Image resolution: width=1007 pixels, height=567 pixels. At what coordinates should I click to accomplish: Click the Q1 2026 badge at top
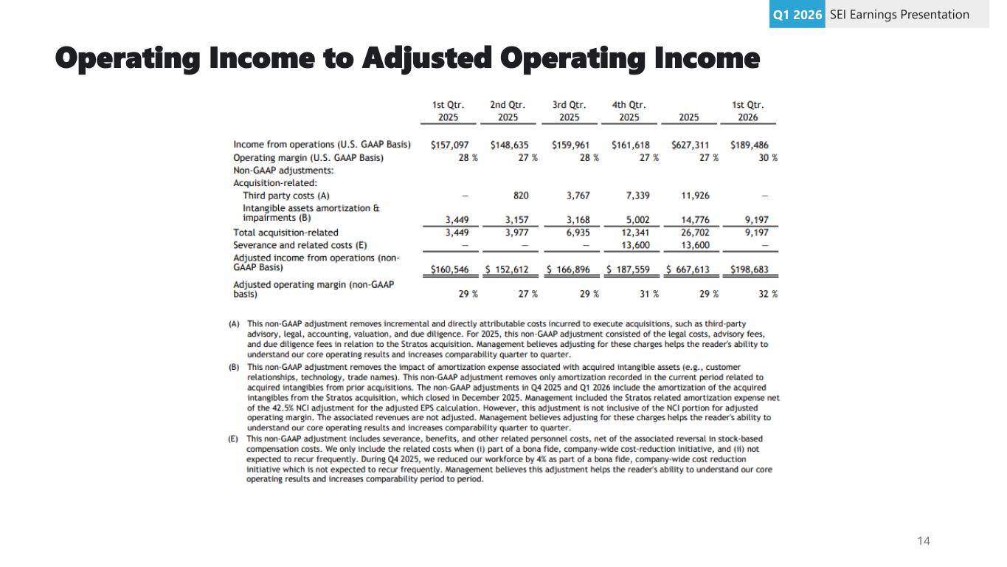(797, 15)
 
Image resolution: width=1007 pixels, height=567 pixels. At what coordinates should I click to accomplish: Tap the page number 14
(924, 541)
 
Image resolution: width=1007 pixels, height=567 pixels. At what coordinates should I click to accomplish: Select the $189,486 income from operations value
(749, 145)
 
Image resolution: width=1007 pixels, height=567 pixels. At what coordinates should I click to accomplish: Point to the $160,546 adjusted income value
(450, 270)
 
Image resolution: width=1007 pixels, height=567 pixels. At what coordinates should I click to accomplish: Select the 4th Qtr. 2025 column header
(629, 111)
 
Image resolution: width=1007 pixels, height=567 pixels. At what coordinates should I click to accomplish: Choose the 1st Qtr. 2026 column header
(748, 111)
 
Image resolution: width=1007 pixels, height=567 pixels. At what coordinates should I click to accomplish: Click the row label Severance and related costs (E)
(300, 245)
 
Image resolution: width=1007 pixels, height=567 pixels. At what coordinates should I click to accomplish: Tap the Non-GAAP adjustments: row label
(283, 170)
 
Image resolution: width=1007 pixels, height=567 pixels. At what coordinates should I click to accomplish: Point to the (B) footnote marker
(235, 367)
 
